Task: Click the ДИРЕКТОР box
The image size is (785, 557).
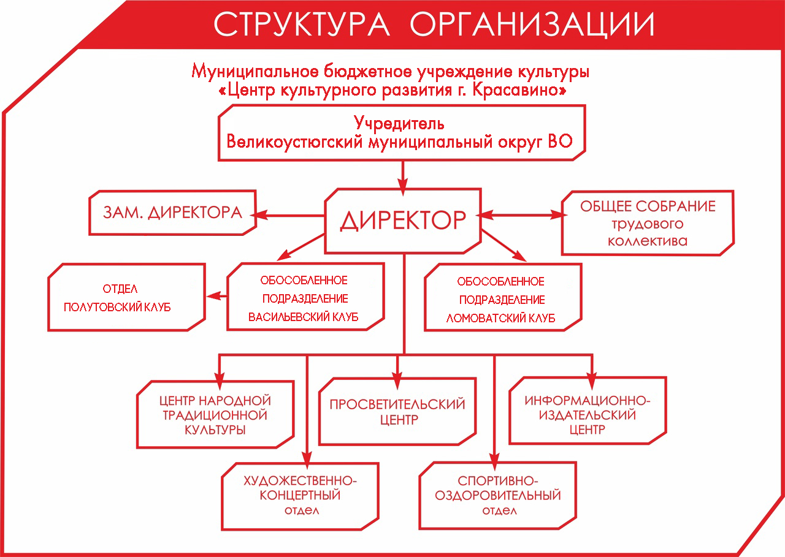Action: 403,221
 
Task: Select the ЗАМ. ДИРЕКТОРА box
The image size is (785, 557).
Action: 172,213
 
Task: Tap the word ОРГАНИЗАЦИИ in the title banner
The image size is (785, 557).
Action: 532,24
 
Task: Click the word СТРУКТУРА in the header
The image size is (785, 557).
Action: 301,24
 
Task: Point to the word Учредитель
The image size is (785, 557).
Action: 399,123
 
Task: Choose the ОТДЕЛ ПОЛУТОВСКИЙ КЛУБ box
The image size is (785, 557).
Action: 126,297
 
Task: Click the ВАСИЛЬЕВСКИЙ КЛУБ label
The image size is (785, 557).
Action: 303,317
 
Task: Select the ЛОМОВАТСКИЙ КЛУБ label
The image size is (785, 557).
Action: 500,318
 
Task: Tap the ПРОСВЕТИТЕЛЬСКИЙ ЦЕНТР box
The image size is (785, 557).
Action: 397,411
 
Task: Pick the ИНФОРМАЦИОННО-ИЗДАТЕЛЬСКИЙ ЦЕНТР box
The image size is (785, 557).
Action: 588,411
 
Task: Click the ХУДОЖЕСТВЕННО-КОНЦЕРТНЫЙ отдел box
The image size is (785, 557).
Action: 300,496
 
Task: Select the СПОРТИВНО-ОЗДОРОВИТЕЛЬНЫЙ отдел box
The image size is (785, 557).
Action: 497,496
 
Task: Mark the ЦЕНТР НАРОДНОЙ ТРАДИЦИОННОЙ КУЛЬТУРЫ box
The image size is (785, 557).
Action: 215,414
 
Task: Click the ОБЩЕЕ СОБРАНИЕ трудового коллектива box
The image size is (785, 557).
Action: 648,223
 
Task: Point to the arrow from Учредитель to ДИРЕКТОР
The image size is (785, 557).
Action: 403,178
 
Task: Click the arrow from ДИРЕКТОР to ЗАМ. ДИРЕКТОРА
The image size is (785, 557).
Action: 288,215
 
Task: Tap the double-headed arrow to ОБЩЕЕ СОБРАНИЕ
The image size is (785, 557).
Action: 522,214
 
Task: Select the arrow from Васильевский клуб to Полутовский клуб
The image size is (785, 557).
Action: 216,296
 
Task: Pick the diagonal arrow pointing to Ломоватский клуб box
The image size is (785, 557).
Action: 504,245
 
